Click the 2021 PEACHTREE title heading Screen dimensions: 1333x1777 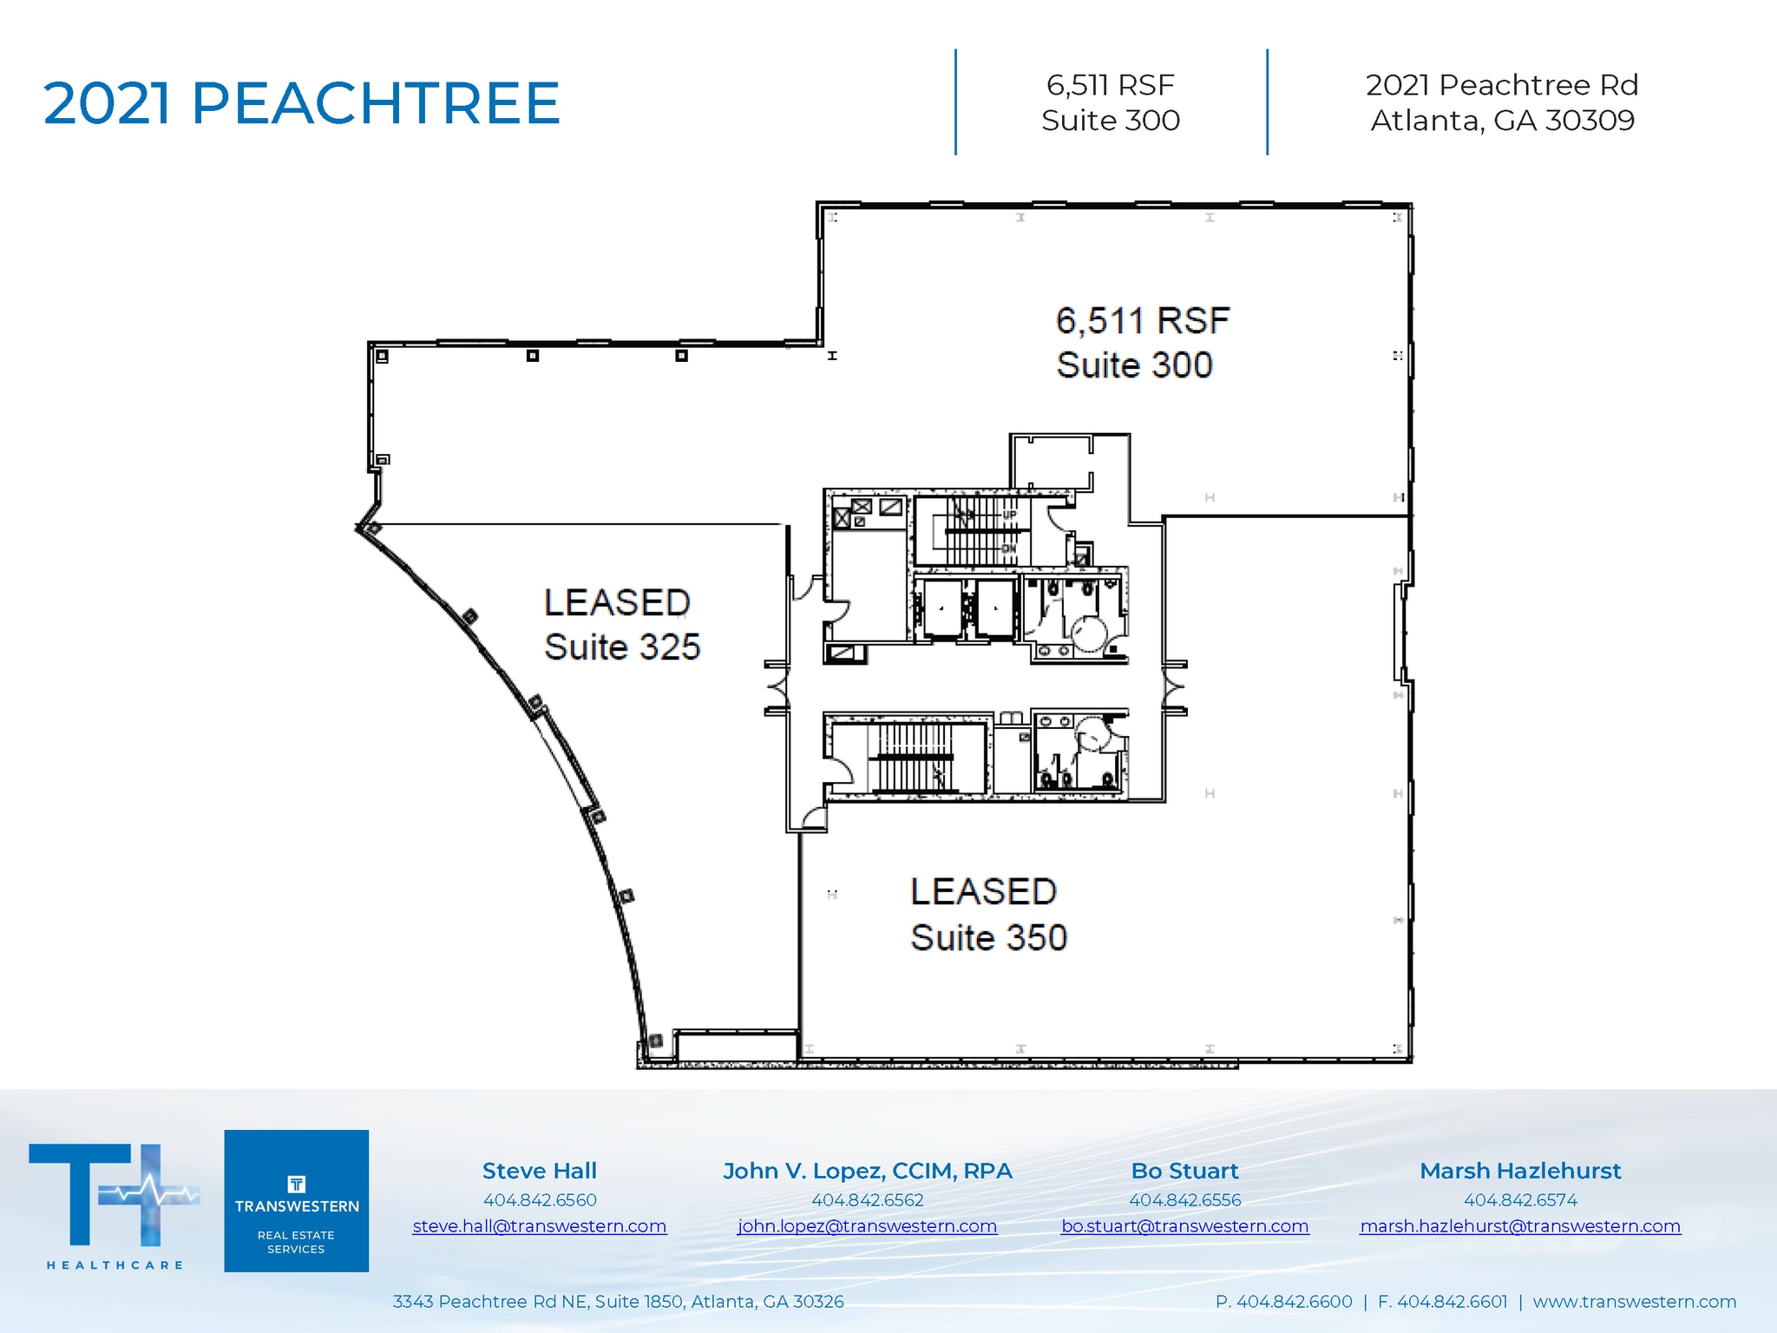click(301, 103)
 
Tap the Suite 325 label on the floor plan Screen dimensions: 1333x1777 click(621, 647)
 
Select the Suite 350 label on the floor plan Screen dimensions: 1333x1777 click(988, 937)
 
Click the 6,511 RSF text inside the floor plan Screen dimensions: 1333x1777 click(1142, 321)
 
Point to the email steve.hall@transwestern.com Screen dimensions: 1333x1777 click(539, 1226)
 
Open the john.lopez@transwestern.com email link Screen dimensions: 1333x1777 click(867, 1226)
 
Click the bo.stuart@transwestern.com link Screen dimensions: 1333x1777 click(1184, 1226)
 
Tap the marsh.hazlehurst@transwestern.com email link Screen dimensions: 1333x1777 click(1519, 1226)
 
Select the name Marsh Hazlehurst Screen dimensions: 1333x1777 click(1519, 1171)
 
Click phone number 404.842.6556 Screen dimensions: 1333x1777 click(1184, 1200)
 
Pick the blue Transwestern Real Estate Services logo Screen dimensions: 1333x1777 click(296, 1200)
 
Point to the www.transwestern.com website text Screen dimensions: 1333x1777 click(1634, 1302)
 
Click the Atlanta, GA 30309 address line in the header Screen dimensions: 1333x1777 click(1502, 121)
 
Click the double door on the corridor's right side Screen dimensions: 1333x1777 click(1174, 688)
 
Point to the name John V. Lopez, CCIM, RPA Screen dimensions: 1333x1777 click(867, 1171)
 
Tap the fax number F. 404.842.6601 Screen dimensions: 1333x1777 click(1442, 1302)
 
